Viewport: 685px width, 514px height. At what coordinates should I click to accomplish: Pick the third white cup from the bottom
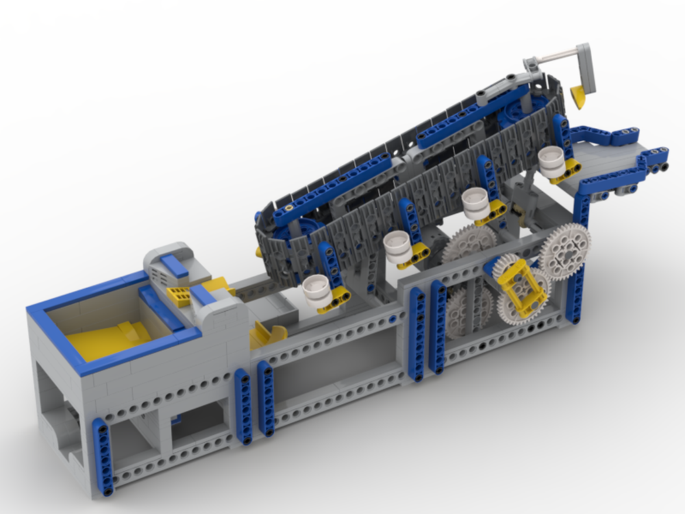click(x=475, y=201)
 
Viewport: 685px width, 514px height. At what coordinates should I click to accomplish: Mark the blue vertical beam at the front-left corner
click(x=103, y=455)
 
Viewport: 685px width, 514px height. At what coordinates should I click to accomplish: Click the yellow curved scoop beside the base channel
click(x=269, y=335)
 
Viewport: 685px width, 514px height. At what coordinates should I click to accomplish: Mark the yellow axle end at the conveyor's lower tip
click(x=260, y=252)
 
